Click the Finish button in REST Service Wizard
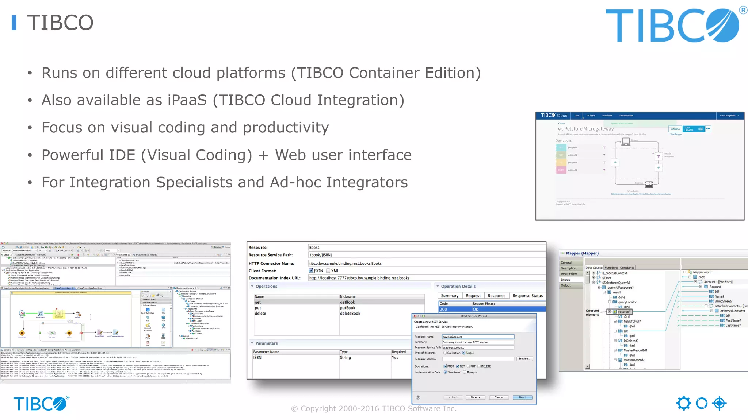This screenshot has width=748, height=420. [x=522, y=397]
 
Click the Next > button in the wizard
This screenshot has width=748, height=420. [x=475, y=397]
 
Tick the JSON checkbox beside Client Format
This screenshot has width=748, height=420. [x=311, y=271]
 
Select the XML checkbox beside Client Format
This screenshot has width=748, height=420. [x=328, y=271]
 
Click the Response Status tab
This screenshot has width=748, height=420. [x=527, y=296]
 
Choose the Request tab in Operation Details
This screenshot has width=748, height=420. [x=473, y=296]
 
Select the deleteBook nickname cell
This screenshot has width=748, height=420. [x=350, y=314]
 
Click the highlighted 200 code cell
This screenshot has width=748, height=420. [x=443, y=309]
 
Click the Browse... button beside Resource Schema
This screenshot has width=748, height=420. [x=524, y=359]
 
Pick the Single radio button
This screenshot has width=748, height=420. [x=464, y=353]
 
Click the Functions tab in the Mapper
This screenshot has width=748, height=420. [x=611, y=268]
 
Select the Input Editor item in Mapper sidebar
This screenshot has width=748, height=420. [x=569, y=274]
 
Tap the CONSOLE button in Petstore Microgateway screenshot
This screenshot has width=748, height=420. [x=675, y=129]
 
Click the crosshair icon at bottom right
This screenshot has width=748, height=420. [x=719, y=403]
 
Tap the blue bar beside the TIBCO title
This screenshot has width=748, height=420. [x=14, y=23]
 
